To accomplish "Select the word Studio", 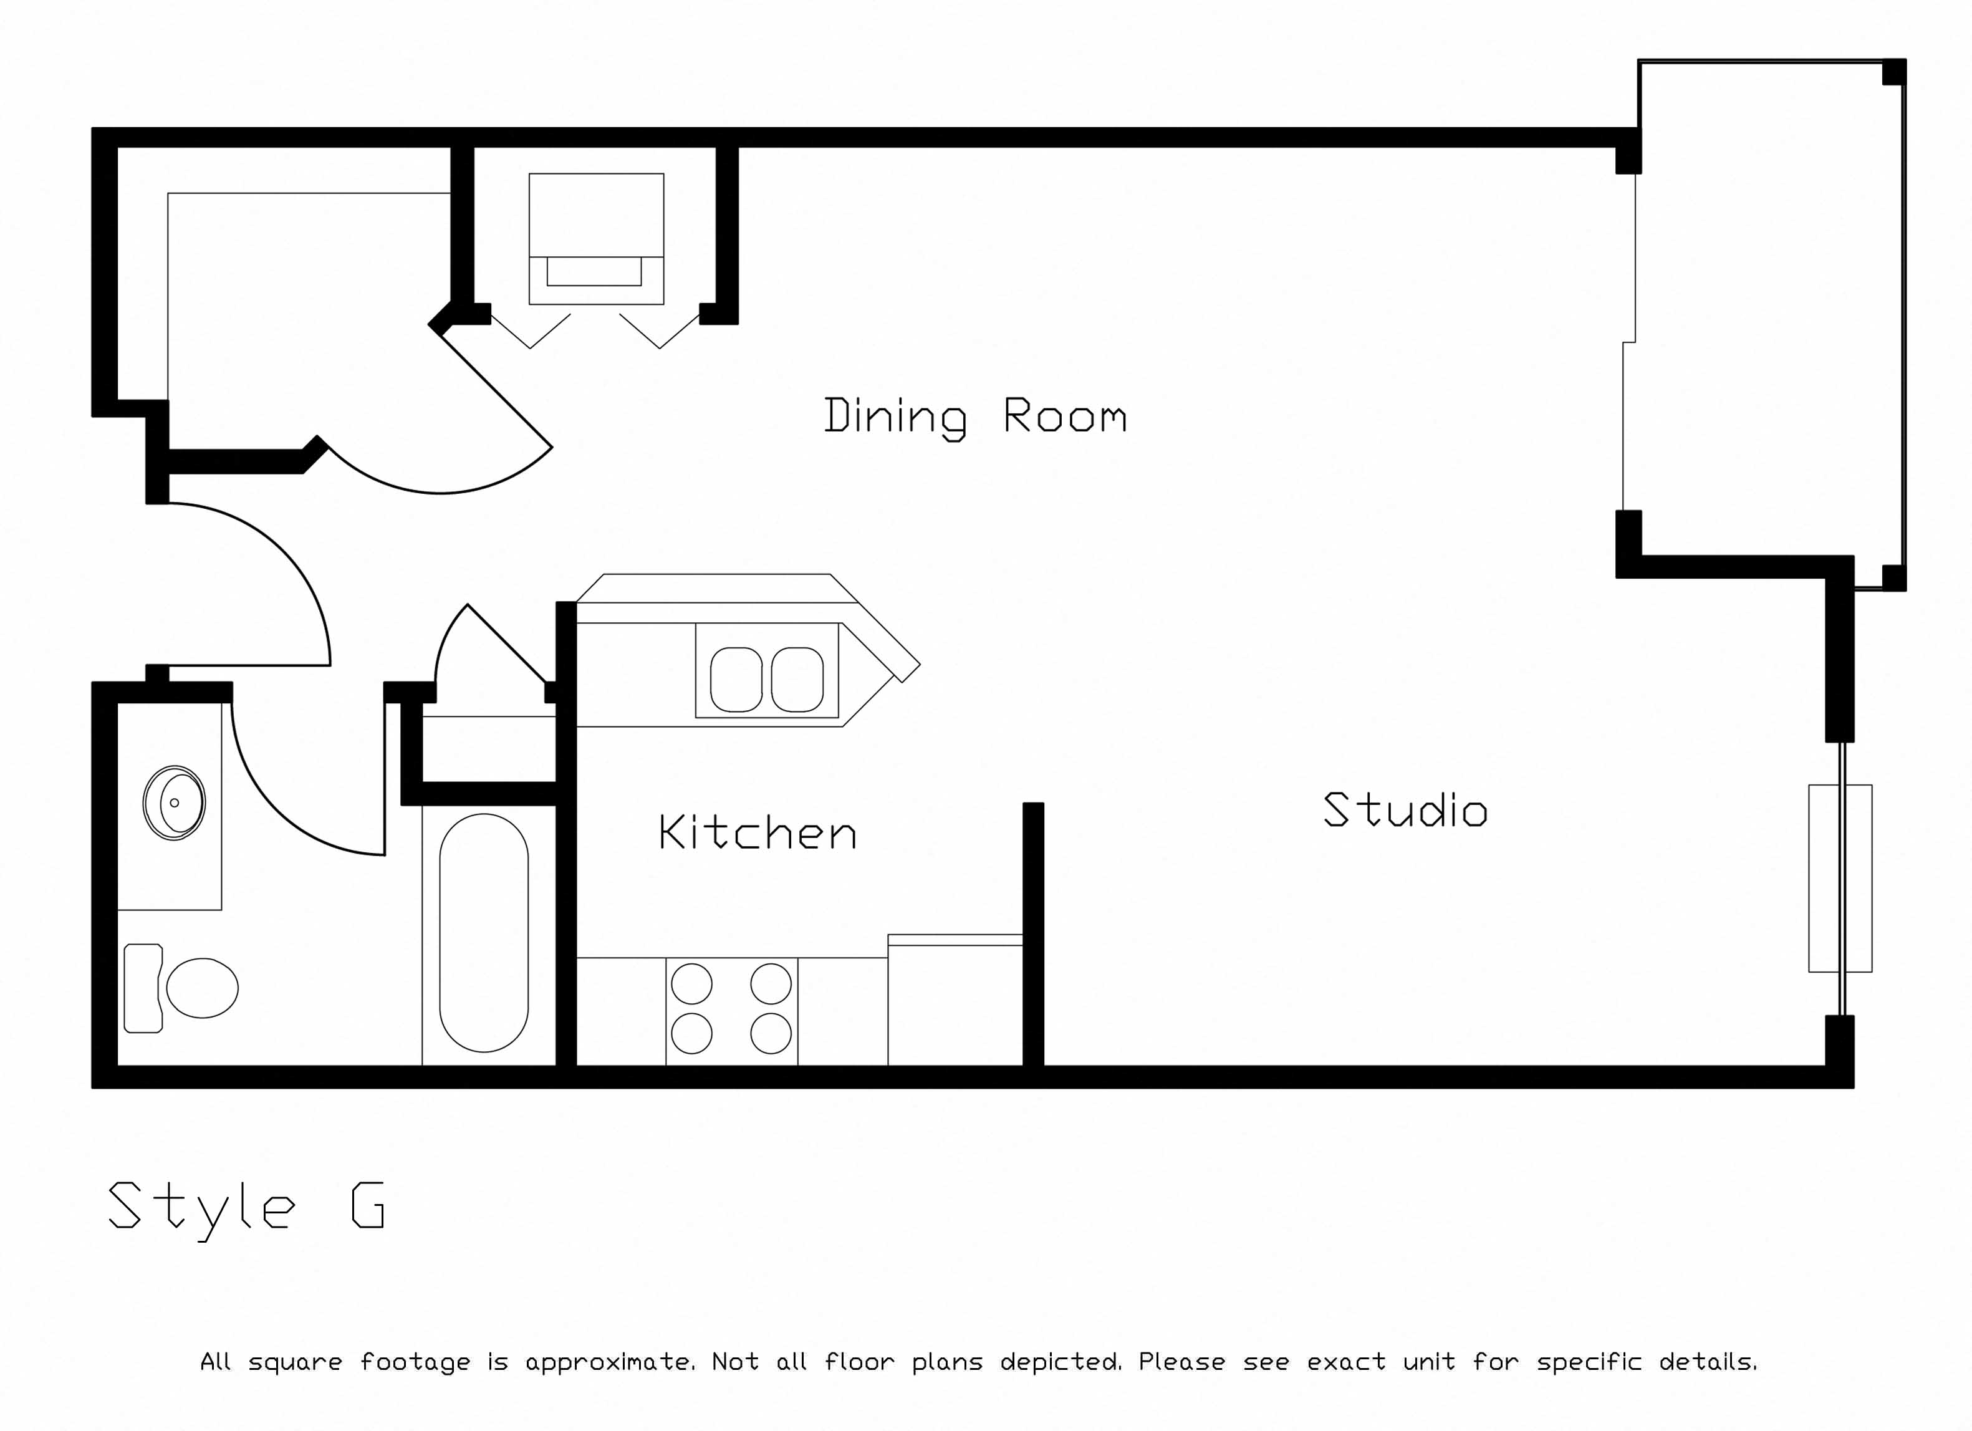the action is (1405, 809).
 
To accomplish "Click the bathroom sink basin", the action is (174, 802).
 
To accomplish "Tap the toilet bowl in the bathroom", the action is (203, 988).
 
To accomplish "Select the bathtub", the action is (483, 933).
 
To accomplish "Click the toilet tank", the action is (143, 988).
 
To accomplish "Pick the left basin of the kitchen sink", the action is (736, 680).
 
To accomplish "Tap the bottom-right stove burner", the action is (771, 1034).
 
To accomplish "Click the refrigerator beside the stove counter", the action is (955, 1001).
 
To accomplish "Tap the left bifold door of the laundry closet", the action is (531, 331).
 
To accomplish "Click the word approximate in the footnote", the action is (610, 1362).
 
